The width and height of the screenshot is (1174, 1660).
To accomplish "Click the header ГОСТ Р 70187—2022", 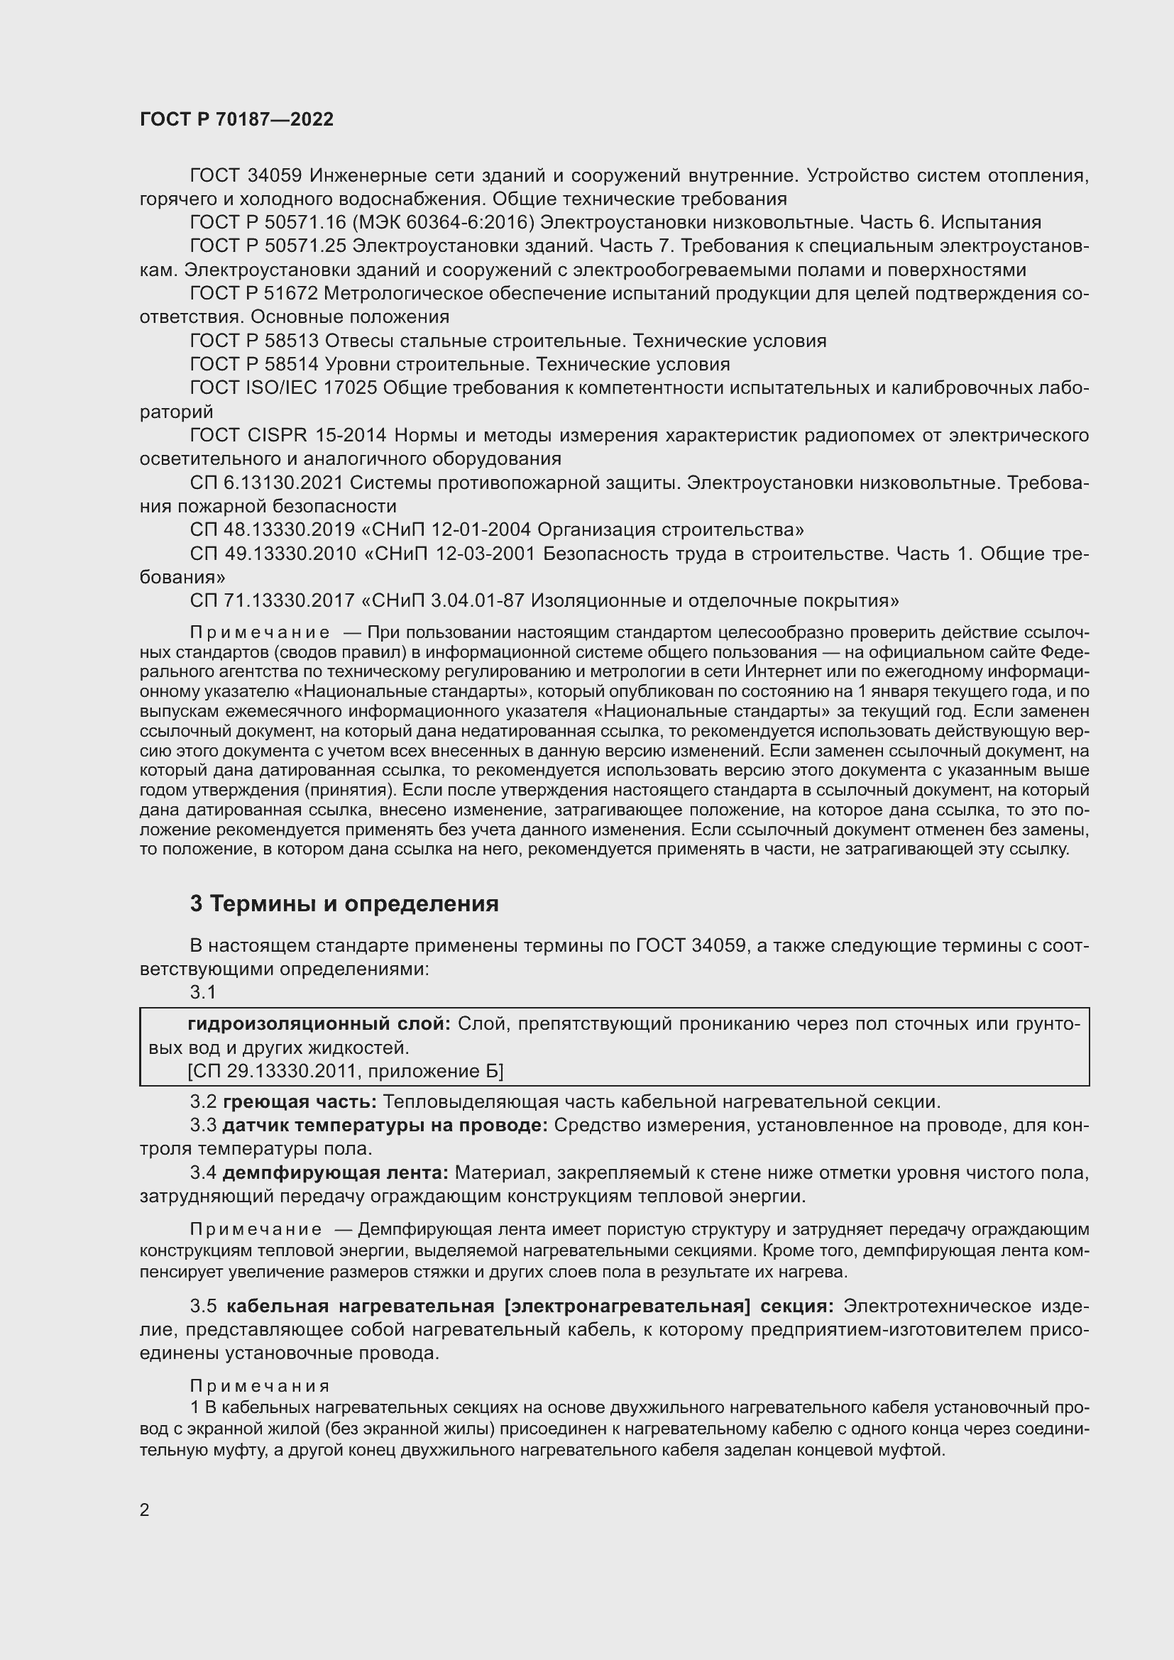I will (x=236, y=120).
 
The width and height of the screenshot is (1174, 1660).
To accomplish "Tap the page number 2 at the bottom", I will (x=145, y=1510).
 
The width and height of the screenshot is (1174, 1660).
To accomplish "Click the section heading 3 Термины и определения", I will (x=344, y=903).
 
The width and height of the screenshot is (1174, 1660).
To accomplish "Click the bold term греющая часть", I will (x=300, y=1102).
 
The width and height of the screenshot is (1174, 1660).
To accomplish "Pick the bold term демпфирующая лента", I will (x=336, y=1172).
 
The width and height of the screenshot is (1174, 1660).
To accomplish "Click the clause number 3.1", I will (x=203, y=993).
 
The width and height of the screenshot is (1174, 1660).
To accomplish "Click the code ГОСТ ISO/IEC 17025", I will (x=283, y=388).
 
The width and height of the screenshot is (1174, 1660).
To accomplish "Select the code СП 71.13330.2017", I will (x=272, y=601).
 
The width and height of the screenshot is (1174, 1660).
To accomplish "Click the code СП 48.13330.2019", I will (x=272, y=530).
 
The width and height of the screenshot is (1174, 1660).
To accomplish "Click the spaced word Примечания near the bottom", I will (x=260, y=1386).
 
